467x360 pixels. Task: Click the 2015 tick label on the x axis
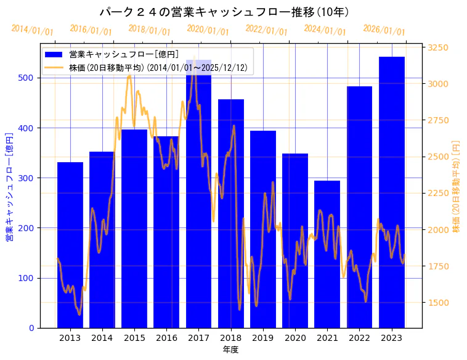(134, 338)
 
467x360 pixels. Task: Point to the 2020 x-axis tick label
(295, 338)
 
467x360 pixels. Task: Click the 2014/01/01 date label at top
(32, 30)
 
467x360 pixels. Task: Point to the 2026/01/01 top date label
(384, 30)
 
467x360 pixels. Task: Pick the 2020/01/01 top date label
(208, 30)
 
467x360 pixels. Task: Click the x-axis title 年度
(230, 350)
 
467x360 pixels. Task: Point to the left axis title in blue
(9, 186)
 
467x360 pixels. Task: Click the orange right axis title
(457, 186)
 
